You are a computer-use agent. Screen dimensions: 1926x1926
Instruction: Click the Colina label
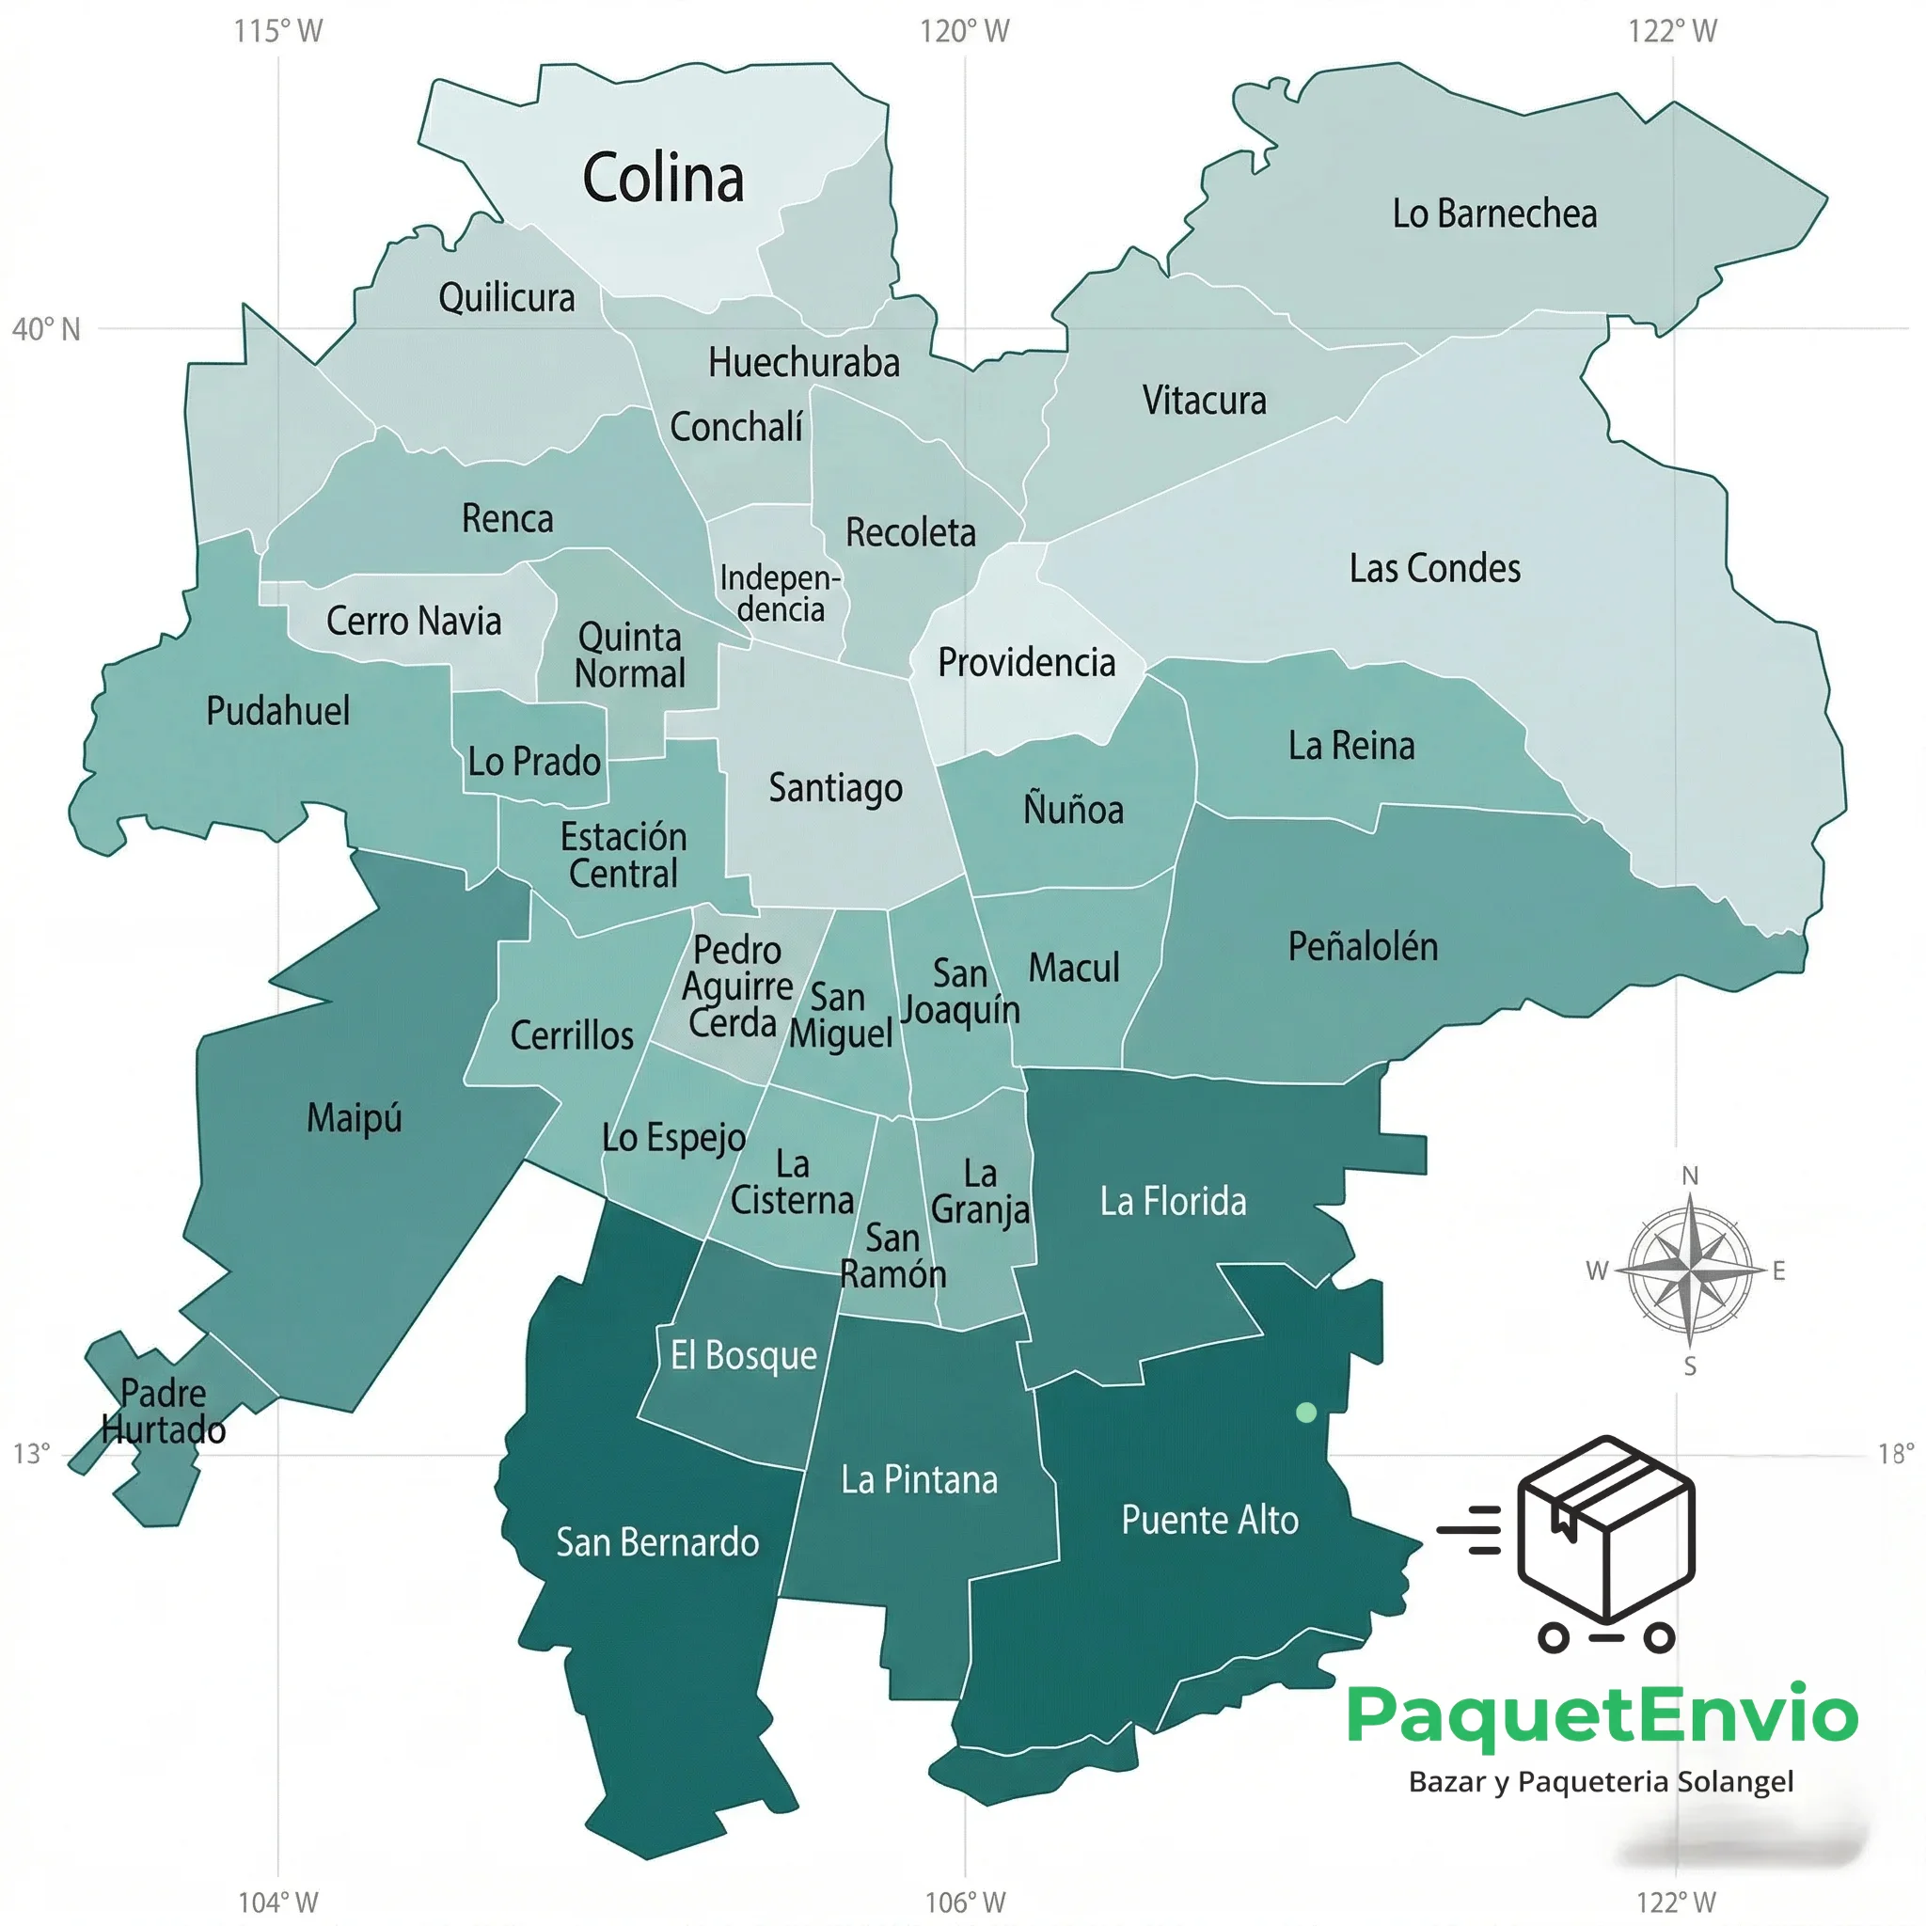pos(663,180)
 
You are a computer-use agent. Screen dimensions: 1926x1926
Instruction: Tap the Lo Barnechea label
pos(1494,214)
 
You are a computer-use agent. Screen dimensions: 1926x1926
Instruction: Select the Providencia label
pos(1027,663)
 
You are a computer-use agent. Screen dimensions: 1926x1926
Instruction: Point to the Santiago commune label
pos(835,787)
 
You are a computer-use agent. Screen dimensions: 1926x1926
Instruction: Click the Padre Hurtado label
pos(164,1412)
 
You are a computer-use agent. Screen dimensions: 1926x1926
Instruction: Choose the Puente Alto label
pos(1209,1521)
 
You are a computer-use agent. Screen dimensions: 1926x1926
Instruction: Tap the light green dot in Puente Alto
pos(1306,1413)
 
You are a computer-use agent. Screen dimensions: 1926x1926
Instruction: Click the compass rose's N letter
pos(1690,1176)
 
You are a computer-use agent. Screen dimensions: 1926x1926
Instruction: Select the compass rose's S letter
pos(1690,1366)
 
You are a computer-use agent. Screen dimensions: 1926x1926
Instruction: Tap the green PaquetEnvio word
pos(1602,1714)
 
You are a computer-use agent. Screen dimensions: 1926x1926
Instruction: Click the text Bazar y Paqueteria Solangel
pos(1601,1781)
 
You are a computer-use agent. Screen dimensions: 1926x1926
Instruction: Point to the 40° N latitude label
pos(46,330)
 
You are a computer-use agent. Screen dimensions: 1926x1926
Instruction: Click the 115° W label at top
pos(278,31)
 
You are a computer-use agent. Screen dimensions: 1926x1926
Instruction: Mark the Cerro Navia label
pos(414,621)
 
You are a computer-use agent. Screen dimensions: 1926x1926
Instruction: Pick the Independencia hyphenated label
pos(781,593)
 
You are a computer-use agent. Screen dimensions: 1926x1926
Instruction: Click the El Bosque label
pos(744,1356)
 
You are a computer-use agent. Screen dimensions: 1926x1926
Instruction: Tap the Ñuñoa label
pos(1074,809)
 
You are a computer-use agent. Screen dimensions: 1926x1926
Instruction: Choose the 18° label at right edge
pos(1895,1454)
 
